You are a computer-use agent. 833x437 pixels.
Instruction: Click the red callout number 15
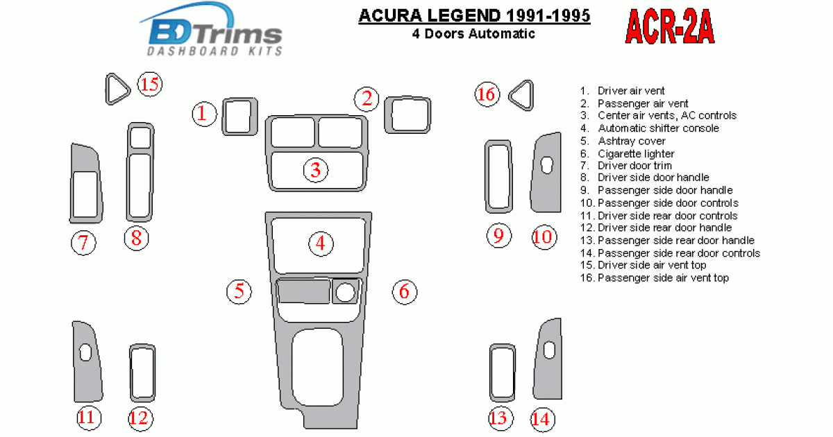coord(150,85)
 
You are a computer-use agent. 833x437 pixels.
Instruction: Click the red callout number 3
coord(316,170)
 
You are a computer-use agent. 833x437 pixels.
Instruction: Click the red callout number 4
coord(321,243)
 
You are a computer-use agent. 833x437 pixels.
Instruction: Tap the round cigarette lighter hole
coord(345,293)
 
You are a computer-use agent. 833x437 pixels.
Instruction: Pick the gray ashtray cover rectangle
coord(303,291)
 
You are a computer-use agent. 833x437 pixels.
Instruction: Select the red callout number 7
coord(83,243)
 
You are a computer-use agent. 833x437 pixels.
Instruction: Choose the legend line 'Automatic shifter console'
coord(658,128)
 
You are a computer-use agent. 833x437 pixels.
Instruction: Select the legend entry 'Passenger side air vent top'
coord(663,277)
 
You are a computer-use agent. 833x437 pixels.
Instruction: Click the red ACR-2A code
coord(670,27)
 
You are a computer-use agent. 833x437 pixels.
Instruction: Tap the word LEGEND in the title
coord(464,15)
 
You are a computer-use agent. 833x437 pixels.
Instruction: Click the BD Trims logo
coord(212,30)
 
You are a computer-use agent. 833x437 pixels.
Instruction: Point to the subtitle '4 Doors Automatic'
coord(473,34)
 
